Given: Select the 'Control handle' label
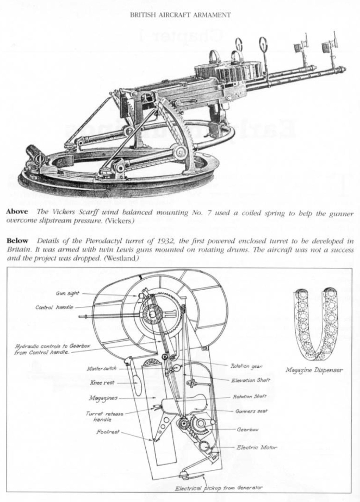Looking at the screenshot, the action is click(54, 308).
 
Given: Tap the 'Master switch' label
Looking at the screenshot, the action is click(102, 368).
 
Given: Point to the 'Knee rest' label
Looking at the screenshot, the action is click(102, 382).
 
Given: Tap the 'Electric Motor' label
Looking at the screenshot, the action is click(257, 447).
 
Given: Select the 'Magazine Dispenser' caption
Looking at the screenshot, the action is click(314, 371).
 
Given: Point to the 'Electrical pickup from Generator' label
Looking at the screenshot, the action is click(219, 488).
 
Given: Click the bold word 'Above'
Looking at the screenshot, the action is click(17, 212).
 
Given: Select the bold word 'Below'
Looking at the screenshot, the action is click(17, 241).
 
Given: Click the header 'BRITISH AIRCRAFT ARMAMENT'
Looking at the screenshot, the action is click(180, 15).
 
